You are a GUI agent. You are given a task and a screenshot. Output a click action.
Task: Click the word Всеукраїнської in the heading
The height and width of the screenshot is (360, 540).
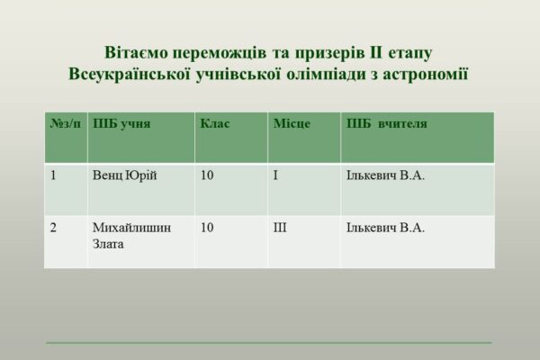click(x=130, y=75)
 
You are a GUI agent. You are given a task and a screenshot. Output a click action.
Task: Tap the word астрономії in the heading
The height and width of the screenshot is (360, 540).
click(x=426, y=75)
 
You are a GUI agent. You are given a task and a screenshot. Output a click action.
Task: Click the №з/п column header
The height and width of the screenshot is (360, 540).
click(x=66, y=123)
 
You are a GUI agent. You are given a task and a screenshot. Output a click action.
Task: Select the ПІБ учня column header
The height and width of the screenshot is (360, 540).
click(x=121, y=123)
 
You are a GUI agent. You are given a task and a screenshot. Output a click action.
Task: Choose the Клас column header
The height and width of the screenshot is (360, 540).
click(x=215, y=123)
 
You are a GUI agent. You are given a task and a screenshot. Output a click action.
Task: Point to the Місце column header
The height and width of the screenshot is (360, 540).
click(x=292, y=123)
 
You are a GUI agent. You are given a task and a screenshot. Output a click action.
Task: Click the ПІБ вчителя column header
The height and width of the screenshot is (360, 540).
click(x=387, y=123)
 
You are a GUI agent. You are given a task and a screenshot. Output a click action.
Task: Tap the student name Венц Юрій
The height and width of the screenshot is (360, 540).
click(x=125, y=175)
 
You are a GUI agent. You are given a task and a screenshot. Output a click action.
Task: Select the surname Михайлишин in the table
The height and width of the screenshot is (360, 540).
click(x=131, y=228)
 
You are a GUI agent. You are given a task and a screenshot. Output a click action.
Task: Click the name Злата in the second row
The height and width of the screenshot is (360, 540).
click(x=108, y=244)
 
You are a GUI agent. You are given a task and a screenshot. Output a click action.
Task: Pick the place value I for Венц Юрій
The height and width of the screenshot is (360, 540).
click(x=275, y=175)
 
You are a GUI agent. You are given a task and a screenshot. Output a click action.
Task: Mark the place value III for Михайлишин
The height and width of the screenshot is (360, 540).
click(x=280, y=228)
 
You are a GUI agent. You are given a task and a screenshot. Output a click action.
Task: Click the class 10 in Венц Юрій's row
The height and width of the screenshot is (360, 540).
click(x=207, y=175)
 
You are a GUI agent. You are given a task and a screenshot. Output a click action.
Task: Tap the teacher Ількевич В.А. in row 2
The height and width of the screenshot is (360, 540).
click(x=385, y=228)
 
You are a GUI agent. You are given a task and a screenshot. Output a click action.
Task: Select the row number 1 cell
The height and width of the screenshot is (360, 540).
click(x=53, y=175)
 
